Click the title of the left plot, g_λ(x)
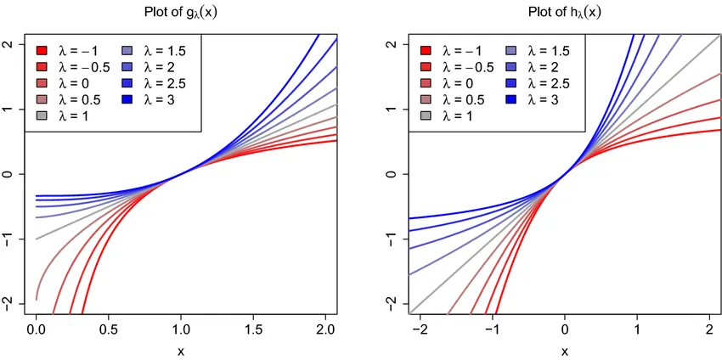point(181,12)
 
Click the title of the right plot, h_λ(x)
point(565,12)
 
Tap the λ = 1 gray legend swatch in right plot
point(426,115)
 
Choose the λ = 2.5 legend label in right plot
point(548,82)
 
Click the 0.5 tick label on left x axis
point(108,329)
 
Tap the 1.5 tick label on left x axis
point(252,329)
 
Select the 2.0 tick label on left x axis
point(324,329)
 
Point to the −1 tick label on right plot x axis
point(492,329)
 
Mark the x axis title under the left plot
point(181,351)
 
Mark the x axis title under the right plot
point(565,351)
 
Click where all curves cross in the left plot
point(181,174)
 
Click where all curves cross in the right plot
point(565,174)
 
